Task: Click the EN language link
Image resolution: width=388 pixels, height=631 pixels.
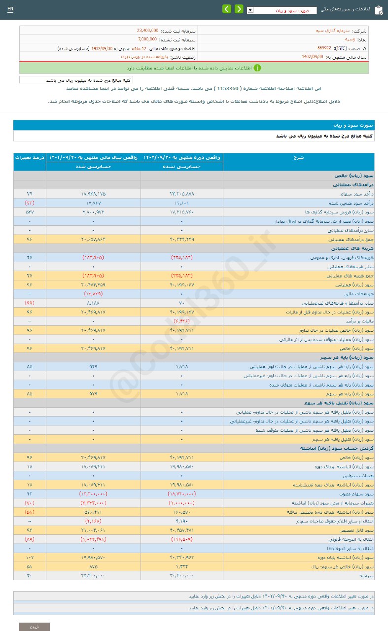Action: pyautogui.click(x=10, y=9)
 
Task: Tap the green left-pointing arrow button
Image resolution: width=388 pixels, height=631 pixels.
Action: pyautogui.click(x=226, y=9)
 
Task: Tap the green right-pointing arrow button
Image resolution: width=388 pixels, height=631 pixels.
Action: pyautogui.click(x=239, y=9)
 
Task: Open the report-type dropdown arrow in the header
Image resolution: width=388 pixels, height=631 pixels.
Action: pyautogui.click(x=250, y=10)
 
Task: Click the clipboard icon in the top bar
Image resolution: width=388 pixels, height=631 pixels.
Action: pyautogui.click(x=378, y=10)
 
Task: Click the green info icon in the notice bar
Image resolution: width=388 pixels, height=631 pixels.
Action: pyautogui.click(x=257, y=68)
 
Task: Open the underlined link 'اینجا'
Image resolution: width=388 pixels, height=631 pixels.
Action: pyautogui.click(x=119, y=89)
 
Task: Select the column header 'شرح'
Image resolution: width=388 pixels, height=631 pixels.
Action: pyautogui.click(x=298, y=157)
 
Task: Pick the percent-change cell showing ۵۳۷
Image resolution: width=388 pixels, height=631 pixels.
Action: pyautogui.click(x=30, y=211)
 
